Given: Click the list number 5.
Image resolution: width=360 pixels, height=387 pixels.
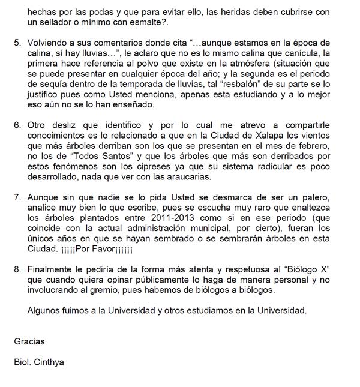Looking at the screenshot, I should coord(17,43).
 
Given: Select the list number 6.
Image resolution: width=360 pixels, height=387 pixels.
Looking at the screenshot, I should coord(17,125).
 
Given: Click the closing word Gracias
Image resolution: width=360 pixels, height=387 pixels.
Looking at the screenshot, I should coord(29,341).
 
